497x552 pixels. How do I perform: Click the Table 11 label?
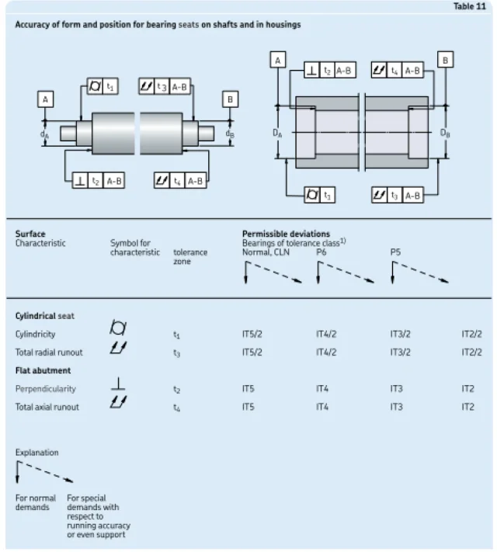tap(474, 6)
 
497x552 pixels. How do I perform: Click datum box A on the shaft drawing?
tap(48, 99)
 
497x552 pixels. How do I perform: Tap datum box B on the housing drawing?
tap(445, 60)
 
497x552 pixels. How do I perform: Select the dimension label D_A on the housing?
tap(277, 133)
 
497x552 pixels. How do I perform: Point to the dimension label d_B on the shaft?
tap(231, 133)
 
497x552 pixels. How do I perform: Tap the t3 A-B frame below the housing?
tap(398, 196)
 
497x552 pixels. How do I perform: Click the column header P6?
tap(321, 252)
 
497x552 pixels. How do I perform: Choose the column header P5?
tap(395, 252)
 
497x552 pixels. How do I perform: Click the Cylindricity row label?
tap(35, 335)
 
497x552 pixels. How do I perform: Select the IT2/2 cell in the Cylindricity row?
tap(471, 335)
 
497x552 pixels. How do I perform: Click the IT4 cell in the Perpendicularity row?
tap(323, 389)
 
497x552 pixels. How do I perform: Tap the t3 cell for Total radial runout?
tap(178, 352)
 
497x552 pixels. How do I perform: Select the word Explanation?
tap(36, 452)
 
